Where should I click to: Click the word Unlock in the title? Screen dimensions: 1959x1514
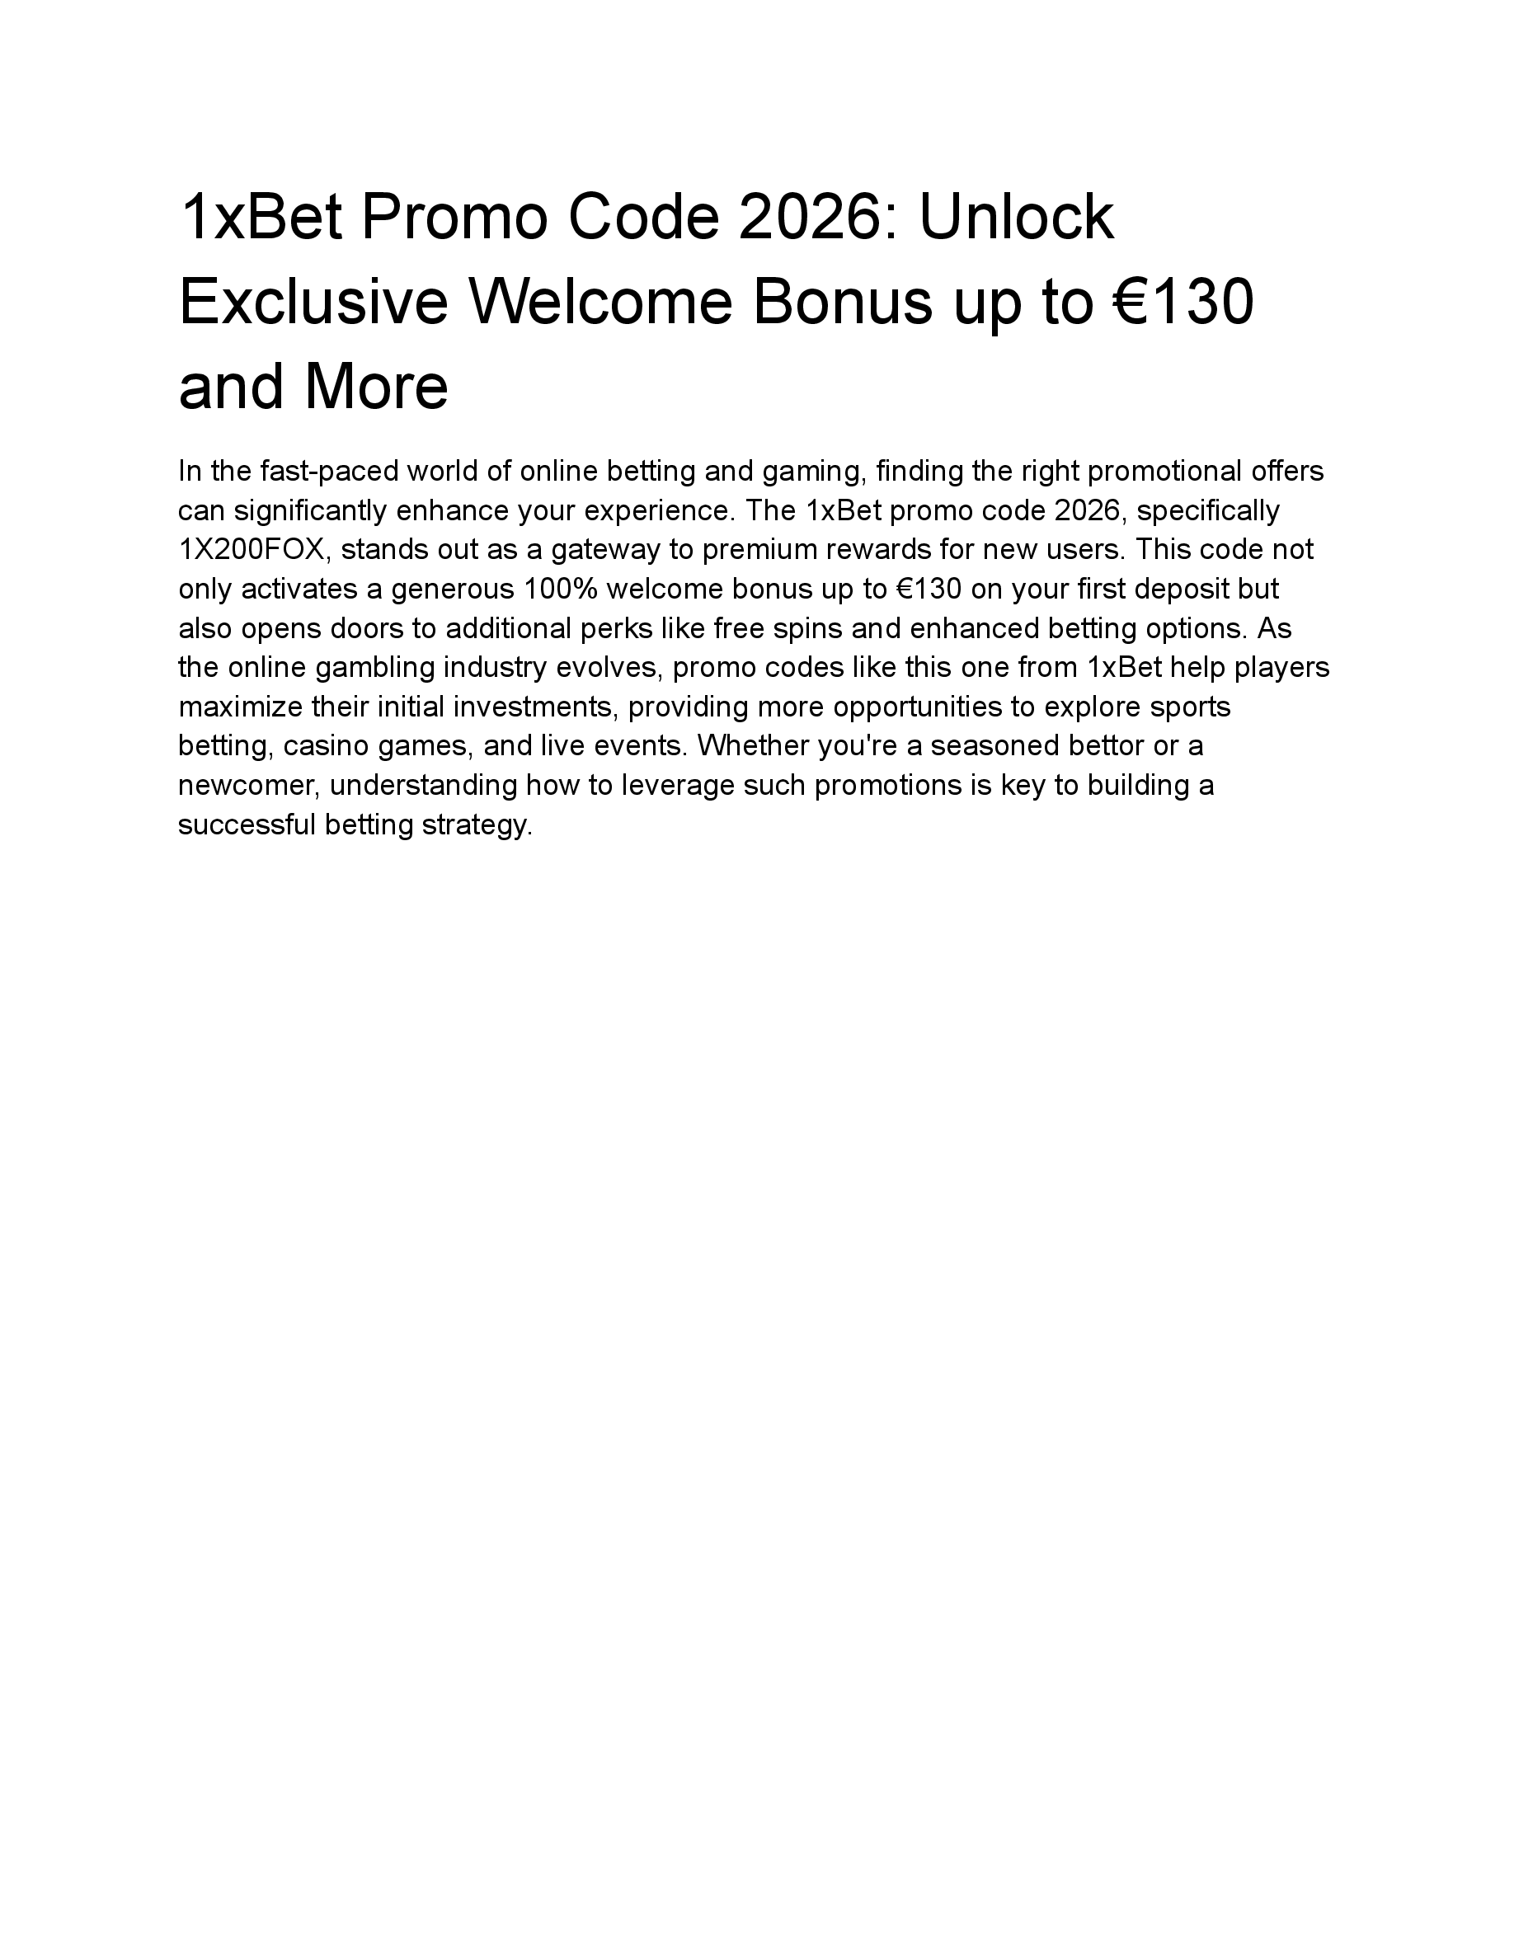pos(1016,218)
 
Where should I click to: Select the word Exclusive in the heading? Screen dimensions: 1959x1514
pos(313,303)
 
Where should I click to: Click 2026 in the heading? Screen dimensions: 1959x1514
pos(806,218)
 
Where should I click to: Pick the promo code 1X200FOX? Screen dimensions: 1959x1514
pos(255,550)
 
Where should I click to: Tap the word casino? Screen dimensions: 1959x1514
pos(325,746)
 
